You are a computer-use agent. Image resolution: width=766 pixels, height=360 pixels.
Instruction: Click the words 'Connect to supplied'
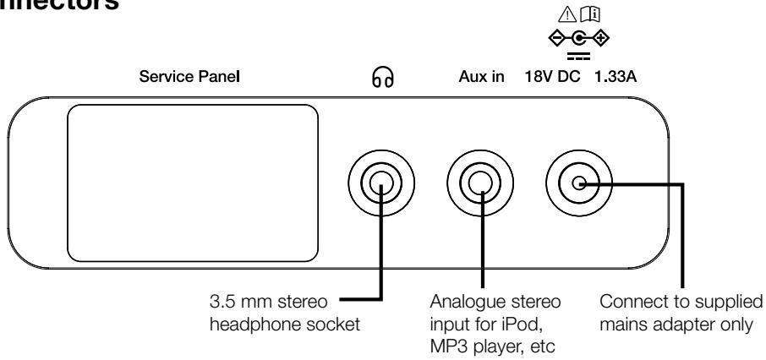tap(680, 298)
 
